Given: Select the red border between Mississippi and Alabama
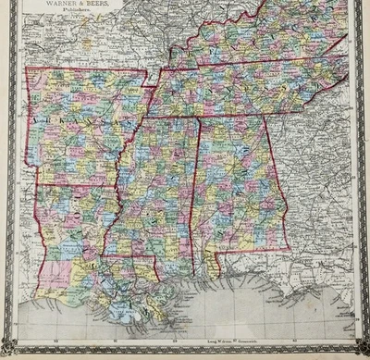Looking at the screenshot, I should click(195, 185).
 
